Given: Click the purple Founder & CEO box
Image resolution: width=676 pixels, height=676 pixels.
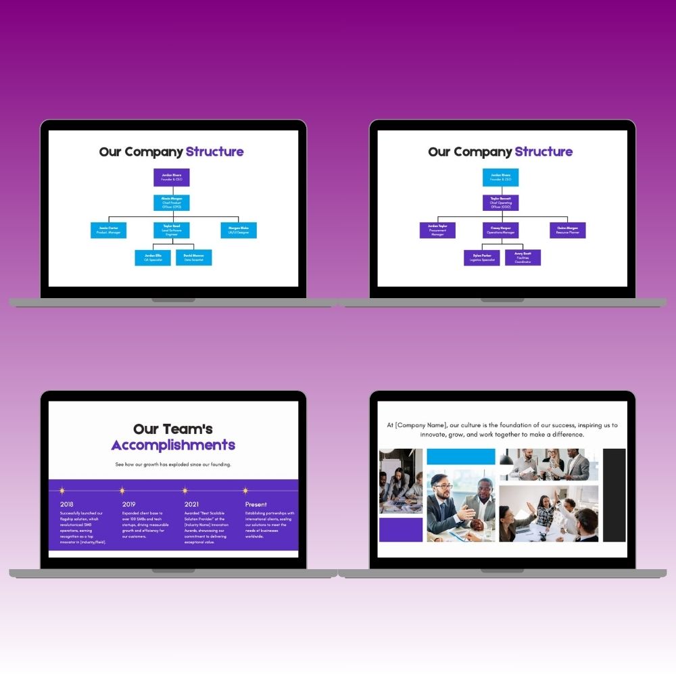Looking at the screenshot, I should click(x=172, y=177).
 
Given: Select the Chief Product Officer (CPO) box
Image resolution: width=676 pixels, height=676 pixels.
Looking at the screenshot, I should click(x=172, y=203).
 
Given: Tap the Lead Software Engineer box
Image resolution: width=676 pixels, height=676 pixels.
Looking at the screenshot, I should click(x=172, y=230).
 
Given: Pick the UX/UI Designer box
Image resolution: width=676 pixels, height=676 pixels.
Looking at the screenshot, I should click(x=239, y=230).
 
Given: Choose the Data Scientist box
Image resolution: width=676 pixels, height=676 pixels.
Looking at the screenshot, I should click(x=194, y=258).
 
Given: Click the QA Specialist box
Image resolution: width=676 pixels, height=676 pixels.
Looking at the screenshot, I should click(x=153, y=258).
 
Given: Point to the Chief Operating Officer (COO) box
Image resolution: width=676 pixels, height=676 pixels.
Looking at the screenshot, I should click(x=501, y=203).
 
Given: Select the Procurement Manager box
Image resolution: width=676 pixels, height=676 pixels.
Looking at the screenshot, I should click(x=437, y=230).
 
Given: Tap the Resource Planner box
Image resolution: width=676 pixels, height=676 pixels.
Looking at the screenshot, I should click(x=568, y=230).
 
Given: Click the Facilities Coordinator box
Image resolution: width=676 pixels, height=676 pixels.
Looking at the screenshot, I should click(x=523, y=258).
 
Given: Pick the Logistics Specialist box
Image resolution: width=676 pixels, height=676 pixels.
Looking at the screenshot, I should click(x=482, y=258).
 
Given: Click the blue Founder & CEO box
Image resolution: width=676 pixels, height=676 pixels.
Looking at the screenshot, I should click(x=501, y=177).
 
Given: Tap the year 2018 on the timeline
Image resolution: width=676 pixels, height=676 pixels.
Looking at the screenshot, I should click(x=67, y=504).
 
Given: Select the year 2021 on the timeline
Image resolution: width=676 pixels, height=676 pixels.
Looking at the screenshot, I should click(x=191, y=504).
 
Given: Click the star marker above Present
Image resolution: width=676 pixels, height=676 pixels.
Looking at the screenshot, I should click(x=245, y=491).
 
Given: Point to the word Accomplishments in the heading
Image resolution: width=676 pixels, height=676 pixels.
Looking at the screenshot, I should click(x=173, y=445).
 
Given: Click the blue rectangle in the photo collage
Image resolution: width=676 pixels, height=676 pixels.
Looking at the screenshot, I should click(x=461, y=456).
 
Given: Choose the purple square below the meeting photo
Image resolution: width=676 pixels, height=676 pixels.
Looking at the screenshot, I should click(x=401, y=530).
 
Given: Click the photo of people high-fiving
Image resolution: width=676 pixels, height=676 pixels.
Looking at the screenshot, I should click(x=548, y=514).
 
